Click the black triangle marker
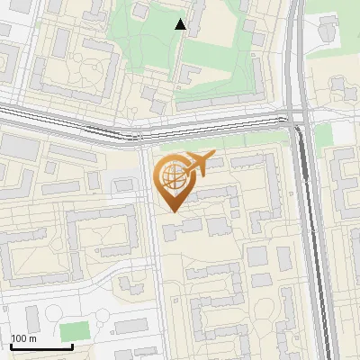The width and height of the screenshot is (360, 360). pyautogui.click(x=181, y=24)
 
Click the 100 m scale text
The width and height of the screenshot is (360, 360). pyautogui.click(x=23, y=338)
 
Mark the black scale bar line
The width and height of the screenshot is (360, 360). pyautogui.click(x=41, y=346)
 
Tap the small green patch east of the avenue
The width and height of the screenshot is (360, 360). pyautogui.click(x=325, y=135)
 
